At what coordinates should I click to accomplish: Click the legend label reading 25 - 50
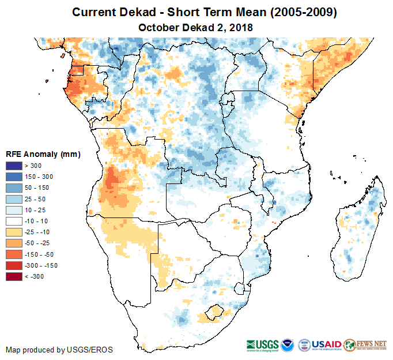[34, 199]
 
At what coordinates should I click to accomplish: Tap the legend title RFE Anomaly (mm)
[43, 155]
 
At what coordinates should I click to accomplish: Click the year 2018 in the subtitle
[241, 27]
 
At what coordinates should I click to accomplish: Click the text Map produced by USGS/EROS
[59, 350]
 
